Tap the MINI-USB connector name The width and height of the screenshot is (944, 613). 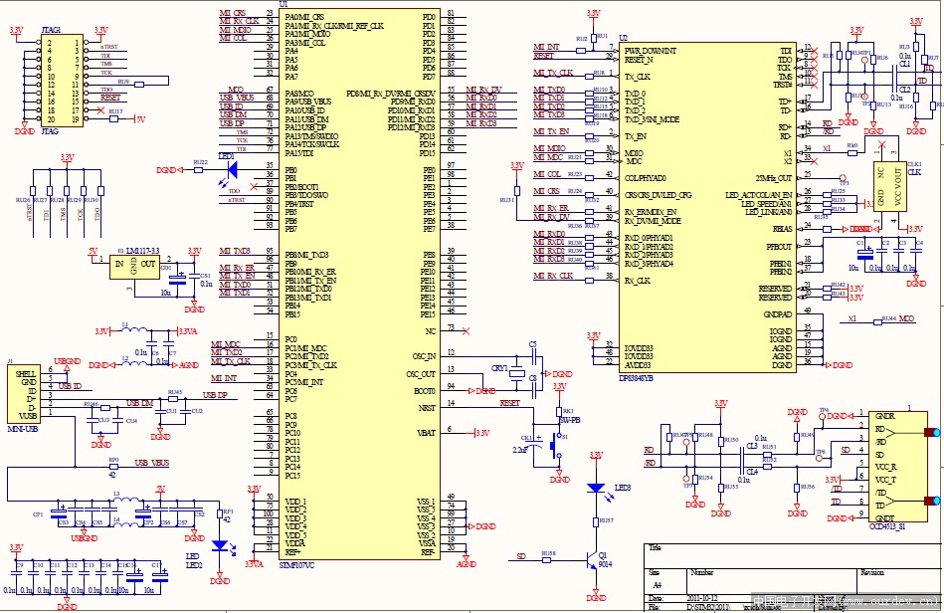point(23,428)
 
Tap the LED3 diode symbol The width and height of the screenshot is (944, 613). point(595,488)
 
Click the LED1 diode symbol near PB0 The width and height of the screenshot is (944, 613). point(225,170)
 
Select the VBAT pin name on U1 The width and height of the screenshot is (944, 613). point(426,433)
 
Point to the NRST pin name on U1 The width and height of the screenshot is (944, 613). point(427,407)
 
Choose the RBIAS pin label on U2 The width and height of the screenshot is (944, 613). point(783,229)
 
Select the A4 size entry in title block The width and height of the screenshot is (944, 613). point(656,585)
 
